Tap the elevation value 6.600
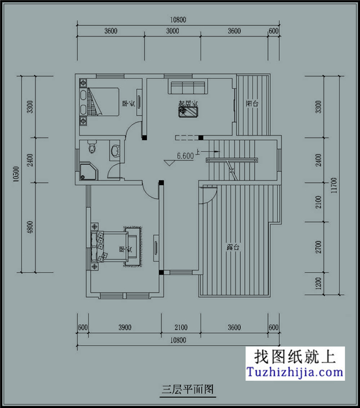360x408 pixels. click(x=185, y=156)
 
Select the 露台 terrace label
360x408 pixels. click(x=233, y=248)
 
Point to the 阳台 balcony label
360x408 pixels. click(x=253, y=104)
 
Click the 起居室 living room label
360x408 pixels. click(x=188, y=103)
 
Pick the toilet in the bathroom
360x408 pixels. click(x=91, y=148)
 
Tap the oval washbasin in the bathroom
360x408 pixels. click(x=116, y=150)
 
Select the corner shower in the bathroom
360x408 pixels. click(x=88, y=171)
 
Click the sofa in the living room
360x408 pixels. click(x=188, y=87)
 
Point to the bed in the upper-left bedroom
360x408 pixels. click(x=105, y=101)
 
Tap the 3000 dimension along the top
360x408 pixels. click(x=172, y=31)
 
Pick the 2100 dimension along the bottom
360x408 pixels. click(x=181, y=328)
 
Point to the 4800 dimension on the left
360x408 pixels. click(x=29, y=227)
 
